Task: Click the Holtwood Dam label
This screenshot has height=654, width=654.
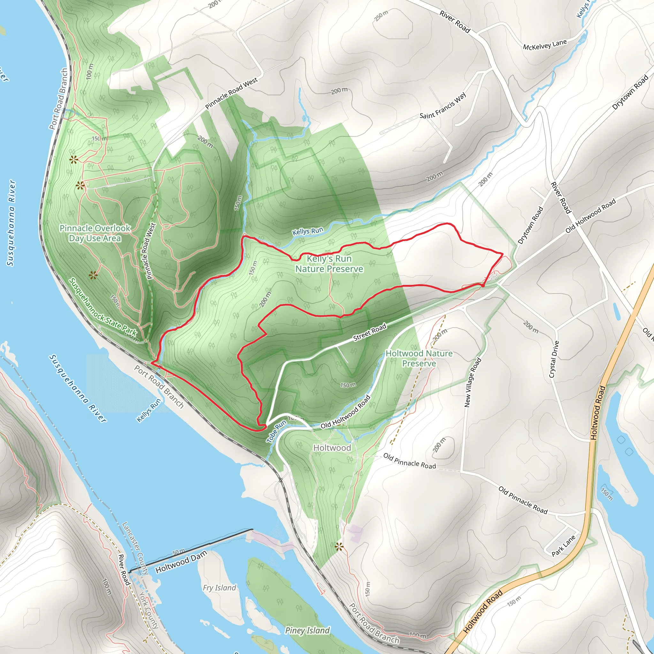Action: (181, 562)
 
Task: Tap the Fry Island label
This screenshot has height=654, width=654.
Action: (219, 588)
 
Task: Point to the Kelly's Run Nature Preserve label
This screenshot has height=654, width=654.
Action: (329, 264)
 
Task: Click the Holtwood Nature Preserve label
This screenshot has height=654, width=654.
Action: (419, 358)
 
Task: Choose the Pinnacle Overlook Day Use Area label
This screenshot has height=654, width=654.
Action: (95, 233)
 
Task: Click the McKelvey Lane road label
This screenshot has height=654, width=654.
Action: (545, 45)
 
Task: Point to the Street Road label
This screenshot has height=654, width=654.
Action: (369, 332)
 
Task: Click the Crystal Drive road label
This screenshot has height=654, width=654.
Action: (554, 359)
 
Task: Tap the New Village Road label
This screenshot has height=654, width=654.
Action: (473, 382)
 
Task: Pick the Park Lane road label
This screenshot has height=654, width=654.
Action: (563, 546)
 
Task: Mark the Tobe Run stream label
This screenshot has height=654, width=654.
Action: (276, 432)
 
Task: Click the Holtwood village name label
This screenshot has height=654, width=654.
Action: (332, 448)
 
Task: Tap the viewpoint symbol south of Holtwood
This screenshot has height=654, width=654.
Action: (339, 546)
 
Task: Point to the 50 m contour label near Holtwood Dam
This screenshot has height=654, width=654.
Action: (179, 551)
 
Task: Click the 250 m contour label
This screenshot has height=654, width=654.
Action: (381, 16)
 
